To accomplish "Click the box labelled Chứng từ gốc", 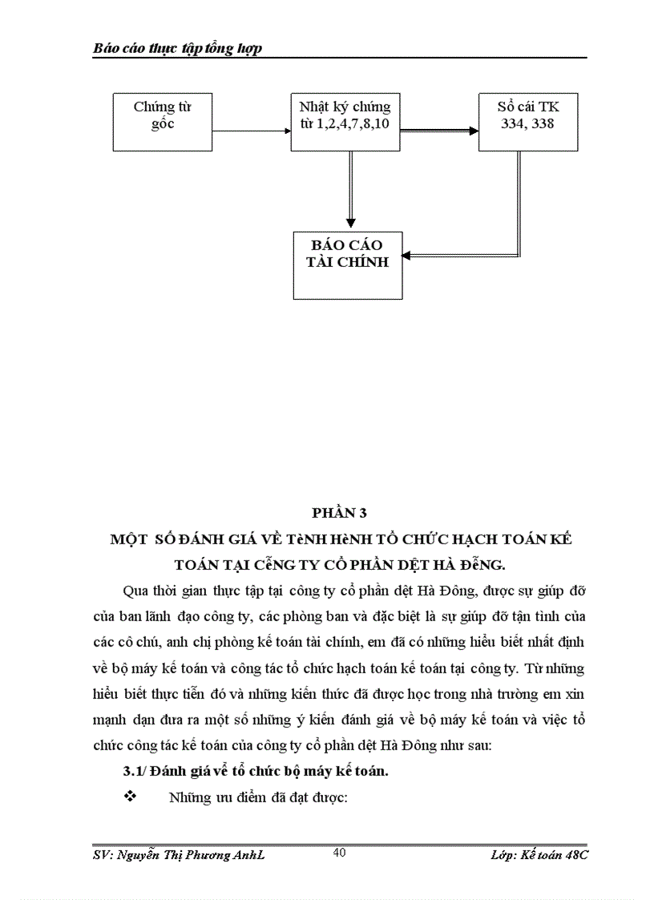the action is coord(163,122).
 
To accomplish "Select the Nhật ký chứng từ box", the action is coord(346,122).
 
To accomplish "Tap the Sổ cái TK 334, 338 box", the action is coord(527,122).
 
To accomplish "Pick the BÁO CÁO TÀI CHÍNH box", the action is coord(346,264).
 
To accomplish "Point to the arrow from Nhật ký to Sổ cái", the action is coord(439,130).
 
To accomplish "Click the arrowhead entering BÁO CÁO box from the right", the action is coord(407,256).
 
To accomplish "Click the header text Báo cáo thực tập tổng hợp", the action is coord(178,48).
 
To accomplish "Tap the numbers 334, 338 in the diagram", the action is coord(527,125).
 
